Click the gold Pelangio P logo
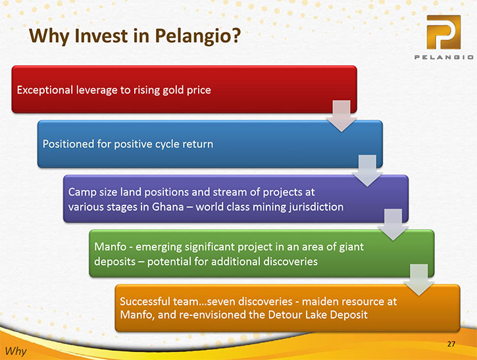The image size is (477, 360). (x=443, y=32)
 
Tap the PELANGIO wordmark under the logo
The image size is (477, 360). (x=444, y=57)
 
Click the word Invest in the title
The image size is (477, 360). (x=101, y=36)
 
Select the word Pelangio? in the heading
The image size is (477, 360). (x=198, y=36)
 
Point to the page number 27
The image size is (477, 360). (x=451, y=344)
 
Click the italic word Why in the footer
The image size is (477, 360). (x=16, y=351)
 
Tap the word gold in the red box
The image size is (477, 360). (x=173, y=90)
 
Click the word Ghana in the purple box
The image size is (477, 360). (x=168, y=207)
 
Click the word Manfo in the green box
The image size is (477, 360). (x=110, y=247)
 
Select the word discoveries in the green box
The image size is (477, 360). (x=291, y=262)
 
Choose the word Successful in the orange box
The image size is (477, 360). (x=145, y=301)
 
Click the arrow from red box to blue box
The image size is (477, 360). (x=341, y=116)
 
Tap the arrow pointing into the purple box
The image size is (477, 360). (x=367, y=170)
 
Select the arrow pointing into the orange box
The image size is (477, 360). (x=419, y=280)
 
